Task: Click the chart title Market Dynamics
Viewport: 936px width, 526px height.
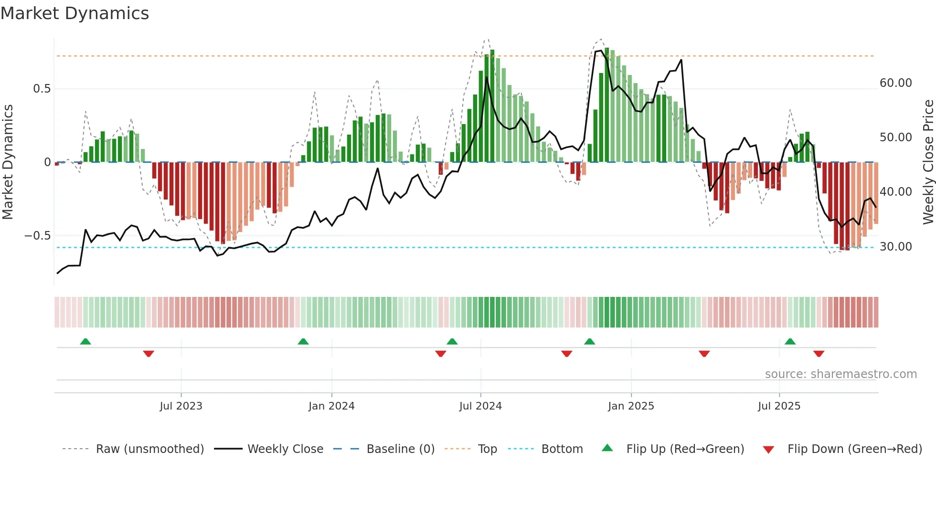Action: click(x=74, y=13)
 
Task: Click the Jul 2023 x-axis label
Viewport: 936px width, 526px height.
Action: click(x=181, y=406)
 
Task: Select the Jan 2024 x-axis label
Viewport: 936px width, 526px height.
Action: click(x=331, y=406)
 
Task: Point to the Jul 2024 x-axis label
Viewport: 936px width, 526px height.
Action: click(x=480, y=406)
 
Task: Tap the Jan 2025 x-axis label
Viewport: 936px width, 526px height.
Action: click(x=631, y=406)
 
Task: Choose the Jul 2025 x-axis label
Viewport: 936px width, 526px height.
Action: click(x=779, y=406)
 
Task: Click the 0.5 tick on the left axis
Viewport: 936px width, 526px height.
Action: click(x=42, y=89)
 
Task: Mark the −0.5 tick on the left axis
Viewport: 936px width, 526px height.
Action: click(x=38, y=236)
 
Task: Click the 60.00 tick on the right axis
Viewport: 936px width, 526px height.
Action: click(x=896, y=83)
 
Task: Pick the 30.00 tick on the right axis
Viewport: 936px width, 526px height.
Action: click(x=896, y=247)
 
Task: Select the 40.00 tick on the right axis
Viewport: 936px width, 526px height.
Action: click(x=896, y=192)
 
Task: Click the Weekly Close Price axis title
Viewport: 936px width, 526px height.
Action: click(x=928, y=162)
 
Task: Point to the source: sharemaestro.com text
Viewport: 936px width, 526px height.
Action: click(x=840, y=374)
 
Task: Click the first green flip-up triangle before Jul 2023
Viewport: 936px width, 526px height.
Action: click(x=85, y=341)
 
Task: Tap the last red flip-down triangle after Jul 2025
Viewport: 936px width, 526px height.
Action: click(x=819, y=354)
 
